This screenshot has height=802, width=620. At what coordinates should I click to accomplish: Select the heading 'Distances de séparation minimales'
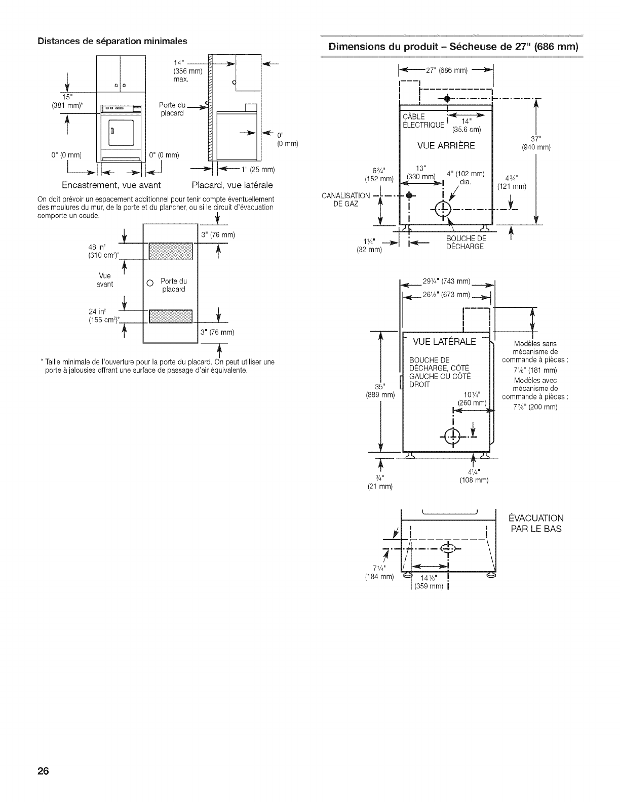[112, 41]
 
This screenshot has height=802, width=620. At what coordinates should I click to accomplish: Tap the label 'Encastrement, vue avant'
[111, 185]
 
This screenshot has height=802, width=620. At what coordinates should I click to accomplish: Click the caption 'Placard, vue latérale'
[232, 185]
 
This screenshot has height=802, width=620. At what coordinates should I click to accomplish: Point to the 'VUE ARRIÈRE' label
[446, 146]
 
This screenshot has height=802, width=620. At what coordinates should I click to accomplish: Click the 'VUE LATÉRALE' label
[445, 342]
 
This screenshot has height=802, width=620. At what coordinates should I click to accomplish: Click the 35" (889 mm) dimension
[380, 390]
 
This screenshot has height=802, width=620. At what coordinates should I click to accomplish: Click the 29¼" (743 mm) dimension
[447, 282]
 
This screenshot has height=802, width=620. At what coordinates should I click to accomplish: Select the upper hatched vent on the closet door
[170, 251]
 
